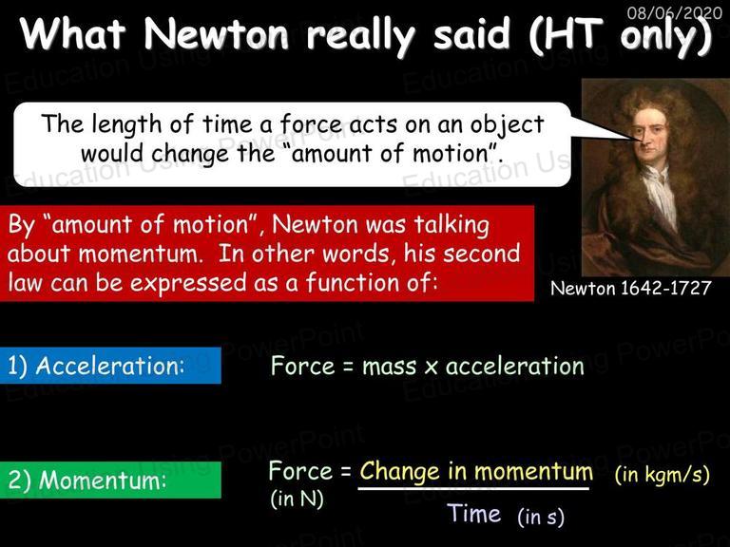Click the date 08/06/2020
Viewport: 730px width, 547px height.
click(x=675, y=12)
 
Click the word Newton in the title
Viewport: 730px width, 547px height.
click(x=217, y=34)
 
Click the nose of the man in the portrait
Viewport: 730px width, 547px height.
click(x=646, y=139)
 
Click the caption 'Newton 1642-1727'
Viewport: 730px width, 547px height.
click(x=631, y=289)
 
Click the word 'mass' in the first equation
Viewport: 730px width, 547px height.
click(x=389, y=367)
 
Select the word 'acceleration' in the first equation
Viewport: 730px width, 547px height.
click(x=515, y=366)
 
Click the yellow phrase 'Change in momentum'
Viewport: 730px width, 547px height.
click(x=476, y=471)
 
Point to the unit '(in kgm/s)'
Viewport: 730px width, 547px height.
click(x=662, y=475)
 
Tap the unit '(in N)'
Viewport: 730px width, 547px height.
click(x=297, y=499)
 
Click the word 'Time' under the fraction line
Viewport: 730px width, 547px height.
click(x=474, y=514)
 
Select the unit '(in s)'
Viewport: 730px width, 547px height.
click(x=541, y=517)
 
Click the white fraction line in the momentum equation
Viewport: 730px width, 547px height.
click(x=473, y=488)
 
